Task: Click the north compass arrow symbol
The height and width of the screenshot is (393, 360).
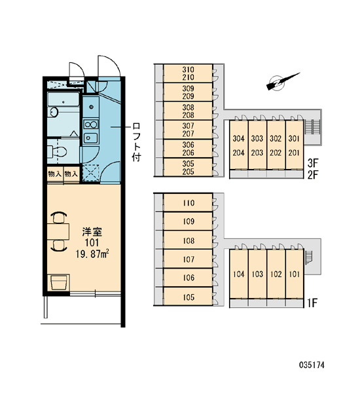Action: click(283, 81)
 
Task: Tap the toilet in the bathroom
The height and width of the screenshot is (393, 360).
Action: click(57, 151)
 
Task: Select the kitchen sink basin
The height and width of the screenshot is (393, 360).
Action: click(90, 138)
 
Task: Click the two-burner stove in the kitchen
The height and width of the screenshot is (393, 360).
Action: click(91, 124)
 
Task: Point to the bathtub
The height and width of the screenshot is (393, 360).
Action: click(63, 100)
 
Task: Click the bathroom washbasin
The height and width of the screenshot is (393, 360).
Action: click(54, 112)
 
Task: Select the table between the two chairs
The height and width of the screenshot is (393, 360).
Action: click(58, 231)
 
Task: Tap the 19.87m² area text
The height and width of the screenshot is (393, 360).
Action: click(92, 253)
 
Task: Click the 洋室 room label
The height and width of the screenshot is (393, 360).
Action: click(92, 232)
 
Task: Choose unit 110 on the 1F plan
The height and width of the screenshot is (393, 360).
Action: click(189, 202)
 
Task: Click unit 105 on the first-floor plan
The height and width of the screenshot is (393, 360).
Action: click(189, 297)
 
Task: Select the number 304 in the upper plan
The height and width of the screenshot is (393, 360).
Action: click(238, 138)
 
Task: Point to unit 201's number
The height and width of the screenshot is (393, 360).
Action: click(294, 153)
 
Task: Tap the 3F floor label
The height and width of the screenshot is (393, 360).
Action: click(312, 163)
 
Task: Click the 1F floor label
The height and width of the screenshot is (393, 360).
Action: click(312, 303)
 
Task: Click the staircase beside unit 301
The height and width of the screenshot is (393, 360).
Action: click(312, 127)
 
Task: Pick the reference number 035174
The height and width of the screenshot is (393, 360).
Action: click(312, 365)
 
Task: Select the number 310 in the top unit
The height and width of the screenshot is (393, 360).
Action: click(188, 69)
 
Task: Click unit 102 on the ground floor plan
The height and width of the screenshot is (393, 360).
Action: click(276, 274)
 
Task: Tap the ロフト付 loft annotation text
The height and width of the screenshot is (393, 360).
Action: click(137, 142)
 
